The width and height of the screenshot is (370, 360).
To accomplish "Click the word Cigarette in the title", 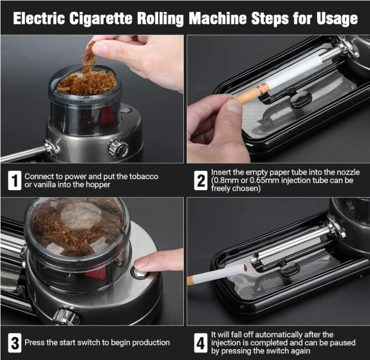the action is click(x=101, y=19).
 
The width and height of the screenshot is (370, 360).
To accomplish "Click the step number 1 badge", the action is click(x=15, y=181).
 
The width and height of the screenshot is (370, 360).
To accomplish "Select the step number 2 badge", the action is click(x=201, y=181).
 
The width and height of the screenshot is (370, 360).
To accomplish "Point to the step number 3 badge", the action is click(x=15, y=343).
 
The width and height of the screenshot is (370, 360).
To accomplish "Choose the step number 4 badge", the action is click(x=201, y=343).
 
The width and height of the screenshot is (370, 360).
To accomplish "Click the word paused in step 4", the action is click(x=342, y=343).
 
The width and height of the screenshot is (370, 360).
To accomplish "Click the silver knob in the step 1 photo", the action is click(x=118, y=149).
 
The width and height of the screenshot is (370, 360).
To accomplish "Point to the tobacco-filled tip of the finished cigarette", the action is click(x=245, y=268).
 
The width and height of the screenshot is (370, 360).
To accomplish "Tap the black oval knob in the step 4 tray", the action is click(x=290, y=269).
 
